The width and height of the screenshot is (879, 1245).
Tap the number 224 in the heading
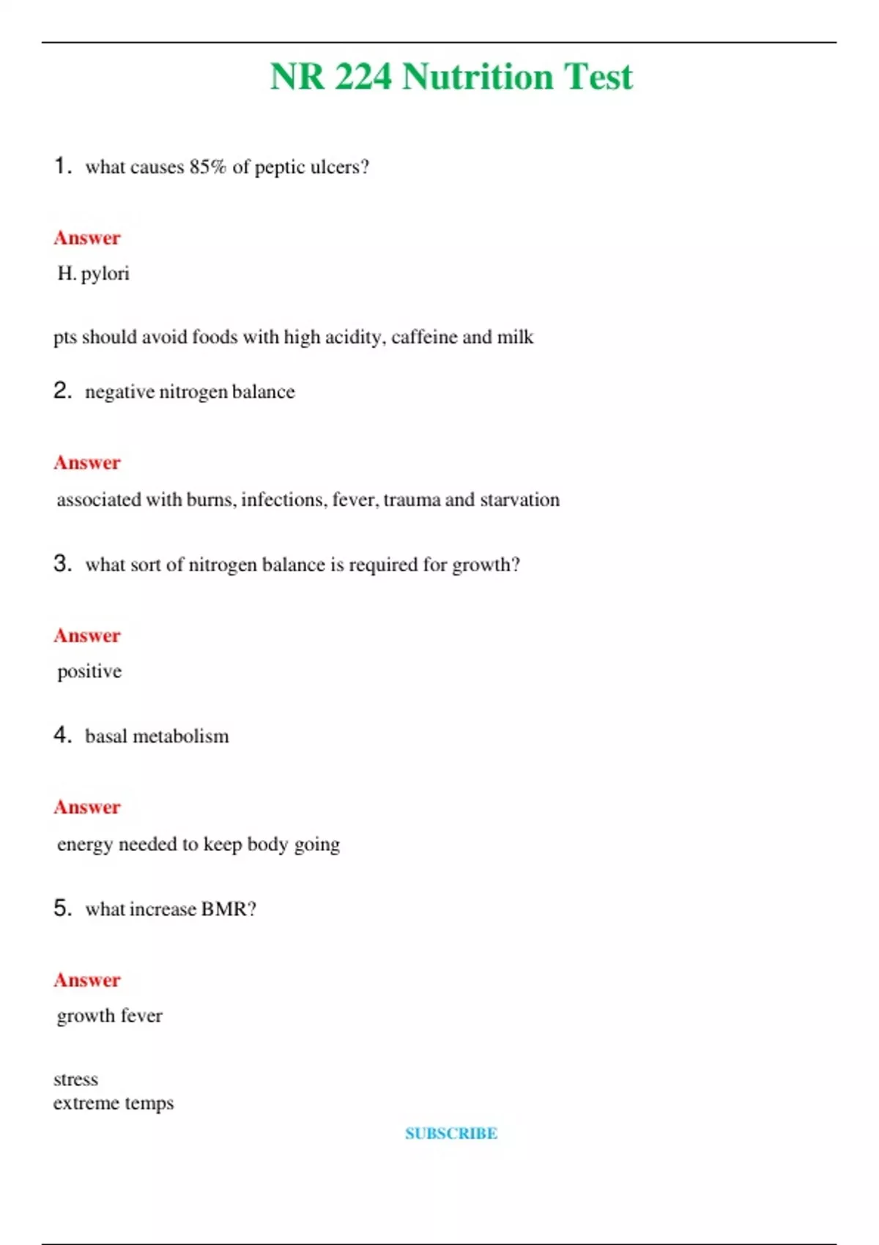click(x=363, y=77)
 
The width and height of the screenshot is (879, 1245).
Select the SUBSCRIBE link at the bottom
click(x=451, y=1133)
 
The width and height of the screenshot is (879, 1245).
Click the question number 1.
click(x=62, y=166)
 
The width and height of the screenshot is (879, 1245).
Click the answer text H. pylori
click(x=93, y=274)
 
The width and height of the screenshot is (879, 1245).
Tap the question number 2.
click(x=62, y=390)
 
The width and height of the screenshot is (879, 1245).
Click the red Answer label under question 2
click(x=86, y=463)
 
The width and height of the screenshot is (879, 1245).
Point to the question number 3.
click(x=62, y=563)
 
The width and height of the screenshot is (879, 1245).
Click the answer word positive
click(x=89, y=672)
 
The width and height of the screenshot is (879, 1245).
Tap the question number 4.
click(x=62, y=735)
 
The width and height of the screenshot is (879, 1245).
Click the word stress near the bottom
click(x=75, y=1079)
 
